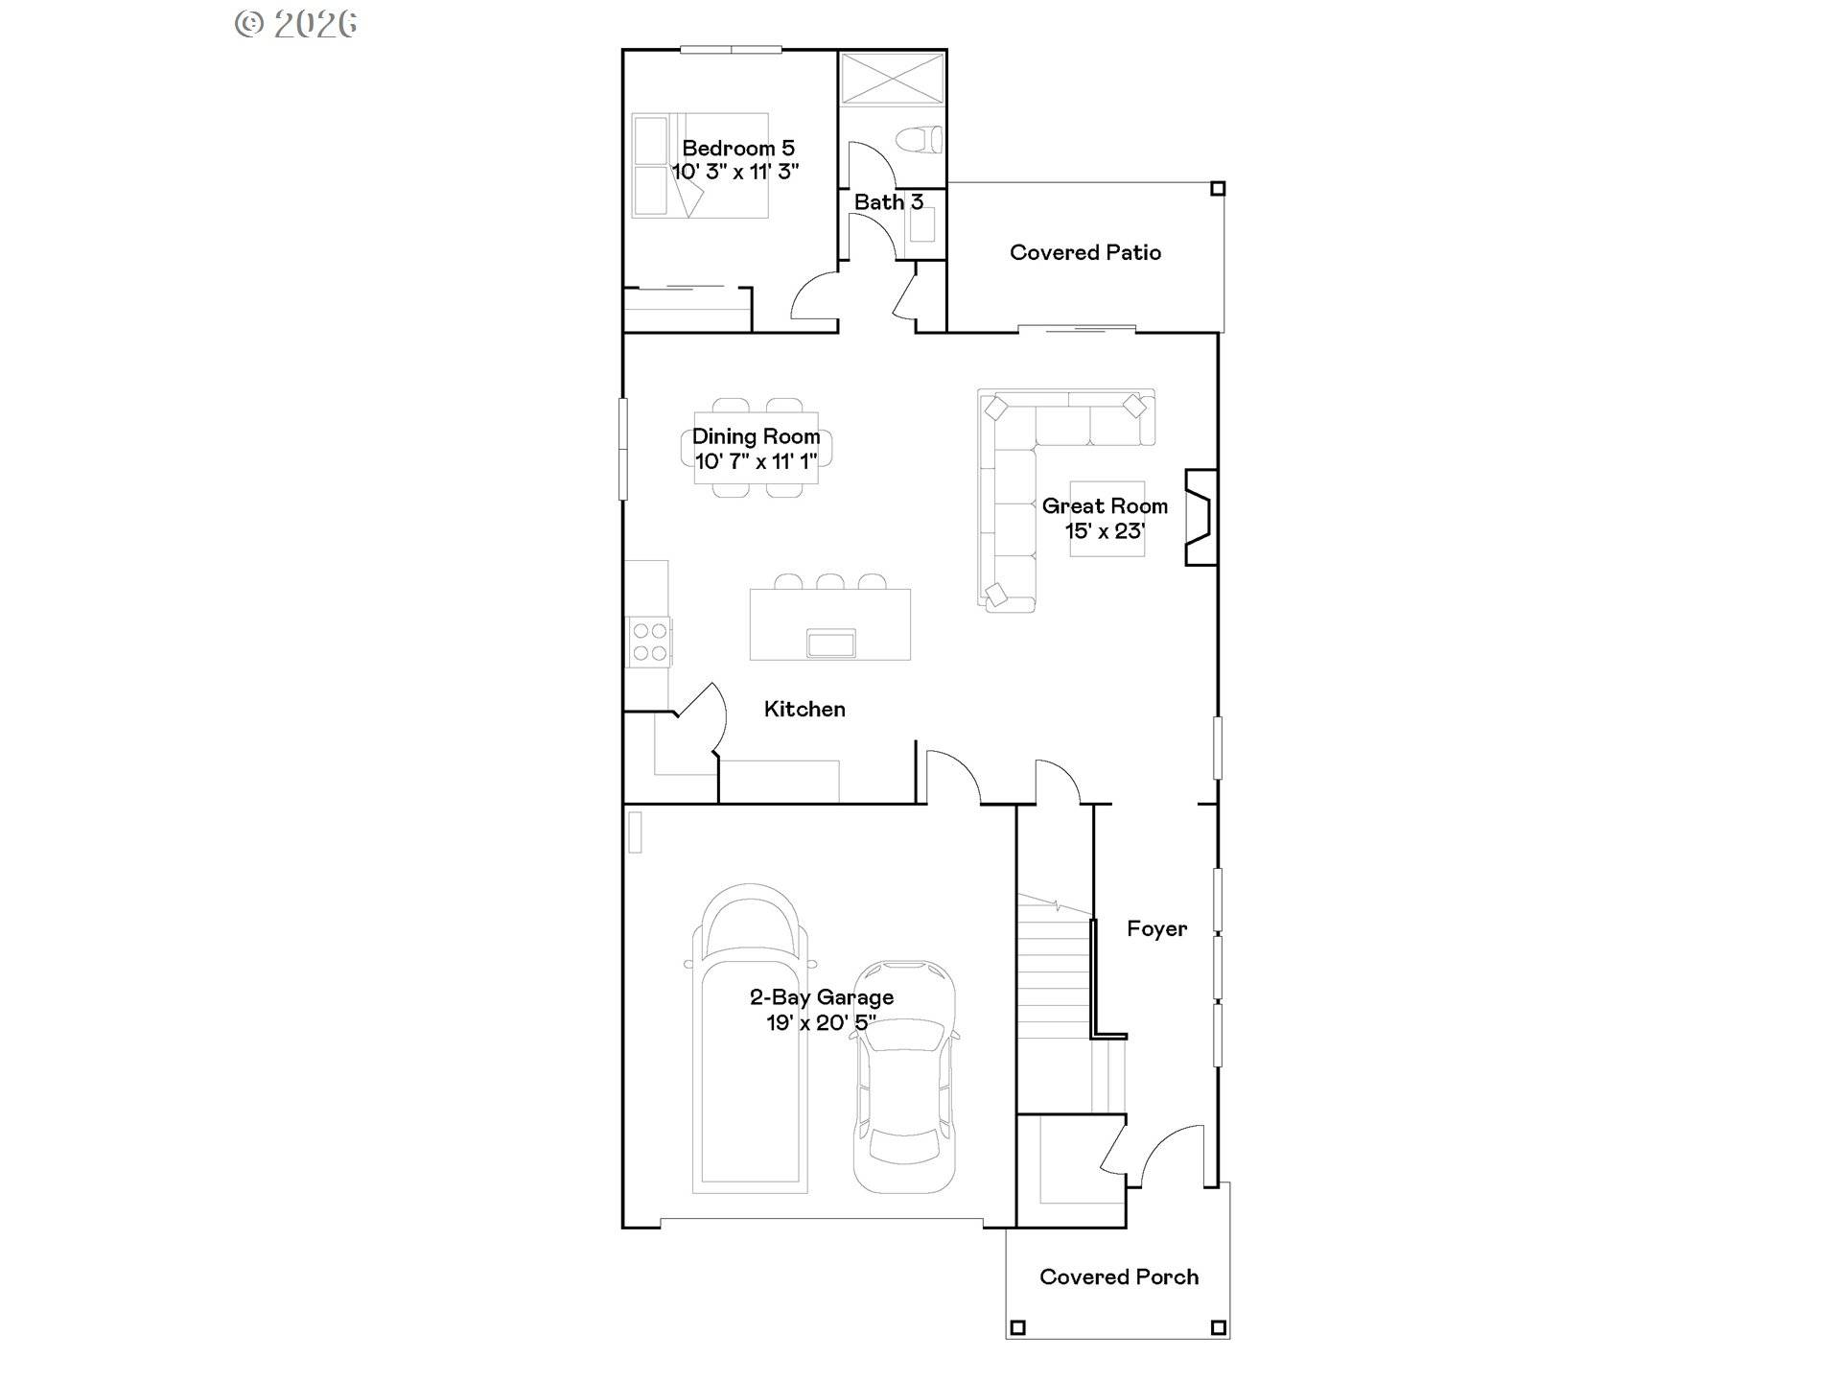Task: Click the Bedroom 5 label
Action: click(x=737, y=148)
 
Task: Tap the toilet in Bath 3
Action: click(x=920, y=140)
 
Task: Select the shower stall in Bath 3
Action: click(x=892, y=77)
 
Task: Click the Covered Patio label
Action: click(x=1084, y=252)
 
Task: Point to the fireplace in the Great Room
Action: click(x=1200, y=517)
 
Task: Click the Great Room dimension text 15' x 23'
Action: click(x=1105, y=531)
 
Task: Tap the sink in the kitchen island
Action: click(x=830, y=642)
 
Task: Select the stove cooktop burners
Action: click(x=649, y=643)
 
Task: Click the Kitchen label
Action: click(x=804, y=709)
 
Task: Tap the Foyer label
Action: click(x=1156, y=928)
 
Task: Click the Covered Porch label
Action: click(x=1118, y=1276)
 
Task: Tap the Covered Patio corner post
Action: click(x=1218, y=189)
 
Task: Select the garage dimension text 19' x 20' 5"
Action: click(x=821, y=1022)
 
